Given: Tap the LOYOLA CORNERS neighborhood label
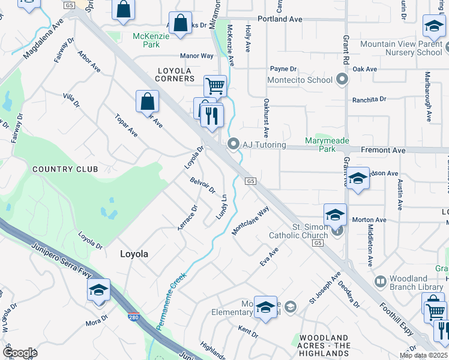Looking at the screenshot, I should (x=175, y=74).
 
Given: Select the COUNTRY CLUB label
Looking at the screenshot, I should (x=65, y=169).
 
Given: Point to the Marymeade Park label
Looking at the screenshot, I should (x=327, y=145).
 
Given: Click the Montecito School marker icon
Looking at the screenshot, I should (x=342, y=80).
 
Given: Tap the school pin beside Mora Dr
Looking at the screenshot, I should (x=98, y=290).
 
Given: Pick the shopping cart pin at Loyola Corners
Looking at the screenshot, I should (x=215, y=86).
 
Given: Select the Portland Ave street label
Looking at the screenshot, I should (x=279, y=19).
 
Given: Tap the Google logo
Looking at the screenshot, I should (x=20, y=353).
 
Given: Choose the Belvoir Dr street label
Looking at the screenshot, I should (x=202, y=185).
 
